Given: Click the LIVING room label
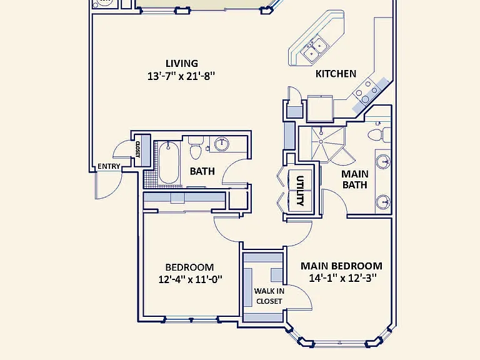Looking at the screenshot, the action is pos(182,63).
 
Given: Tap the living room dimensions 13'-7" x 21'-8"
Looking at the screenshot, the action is pos(181,76).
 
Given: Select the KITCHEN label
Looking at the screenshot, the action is pos(336,74).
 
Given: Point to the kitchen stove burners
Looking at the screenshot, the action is pos(367,91).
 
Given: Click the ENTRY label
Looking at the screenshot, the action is pos(109,166).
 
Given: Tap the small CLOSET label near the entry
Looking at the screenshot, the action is pos(137,149).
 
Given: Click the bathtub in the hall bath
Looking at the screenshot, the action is pos(168,162).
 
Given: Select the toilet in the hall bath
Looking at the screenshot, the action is pos(195,148).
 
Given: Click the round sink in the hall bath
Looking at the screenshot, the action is pos(222,144).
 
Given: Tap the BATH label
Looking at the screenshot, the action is pos(202,171).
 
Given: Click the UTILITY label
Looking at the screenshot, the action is pos(300,191).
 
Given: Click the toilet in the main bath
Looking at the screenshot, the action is pos(379,135).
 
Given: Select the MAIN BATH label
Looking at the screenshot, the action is pos(354,179).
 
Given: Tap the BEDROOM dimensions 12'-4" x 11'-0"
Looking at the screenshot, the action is pos(190,279).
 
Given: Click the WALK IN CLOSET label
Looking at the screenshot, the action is pos(269,296).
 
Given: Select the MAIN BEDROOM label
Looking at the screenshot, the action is pos(341,266).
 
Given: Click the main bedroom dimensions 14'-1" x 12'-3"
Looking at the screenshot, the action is pos(342,278).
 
